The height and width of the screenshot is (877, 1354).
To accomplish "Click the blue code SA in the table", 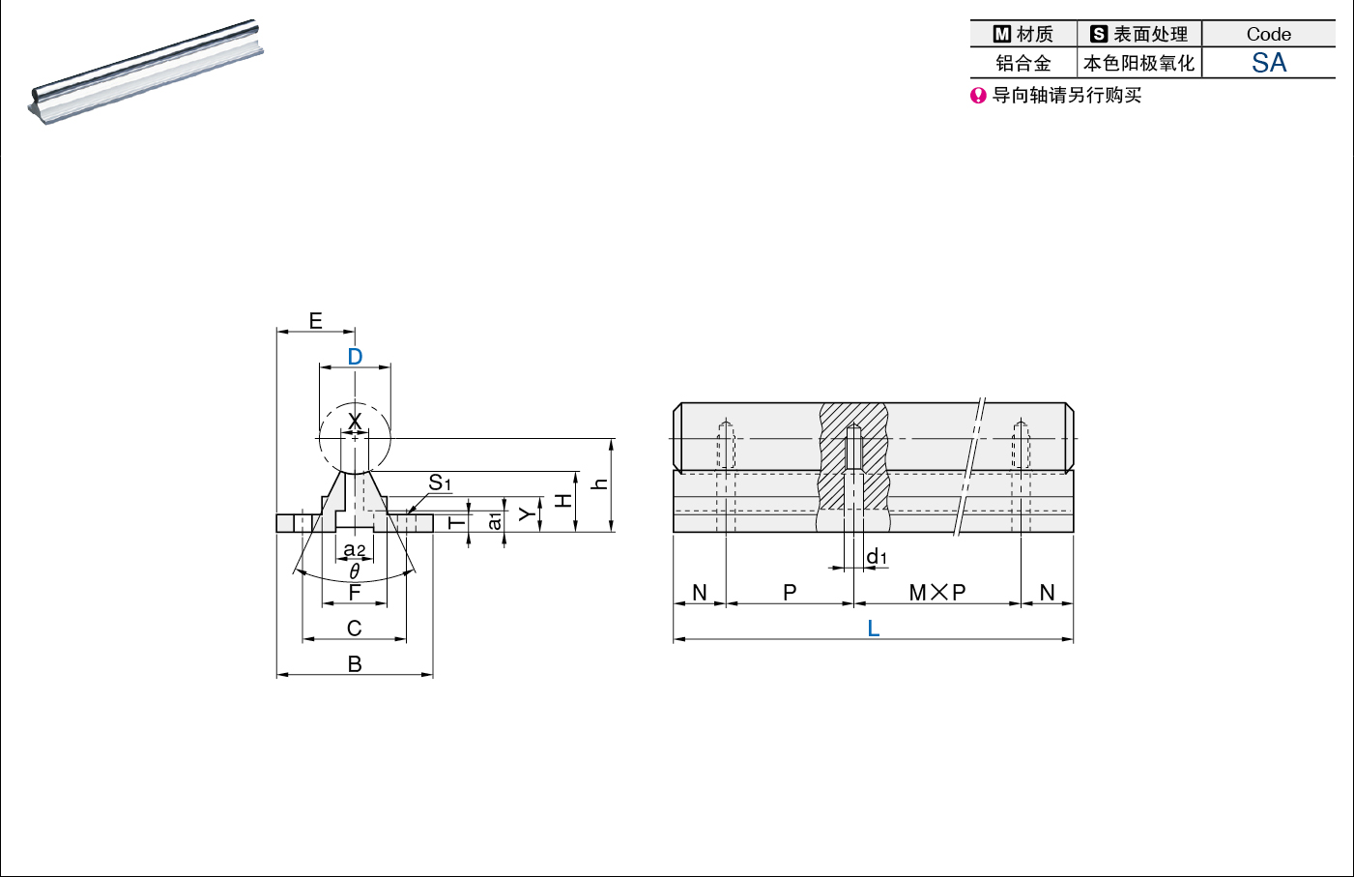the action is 1269,63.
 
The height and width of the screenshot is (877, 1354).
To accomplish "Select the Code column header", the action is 1269,34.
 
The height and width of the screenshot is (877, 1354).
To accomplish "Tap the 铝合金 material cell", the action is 1023,63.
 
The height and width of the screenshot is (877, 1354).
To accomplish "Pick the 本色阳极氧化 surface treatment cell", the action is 1138,63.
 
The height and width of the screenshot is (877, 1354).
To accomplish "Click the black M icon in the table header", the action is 1001,34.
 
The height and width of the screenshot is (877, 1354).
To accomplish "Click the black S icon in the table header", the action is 1099,34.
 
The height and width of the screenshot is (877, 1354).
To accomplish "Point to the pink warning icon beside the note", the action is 978,96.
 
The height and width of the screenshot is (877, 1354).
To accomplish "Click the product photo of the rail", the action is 146,72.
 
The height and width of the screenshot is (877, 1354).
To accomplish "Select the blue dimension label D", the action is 355,357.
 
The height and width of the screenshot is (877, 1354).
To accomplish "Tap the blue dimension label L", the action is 874,629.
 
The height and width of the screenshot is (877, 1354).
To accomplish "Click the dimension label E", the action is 315,321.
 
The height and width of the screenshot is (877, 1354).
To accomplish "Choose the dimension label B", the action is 355,664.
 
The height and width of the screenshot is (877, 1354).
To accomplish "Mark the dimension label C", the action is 355,629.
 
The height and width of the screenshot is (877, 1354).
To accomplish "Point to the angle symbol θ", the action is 355,570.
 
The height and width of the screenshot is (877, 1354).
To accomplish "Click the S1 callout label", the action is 440,482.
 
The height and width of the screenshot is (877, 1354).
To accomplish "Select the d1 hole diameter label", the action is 877,556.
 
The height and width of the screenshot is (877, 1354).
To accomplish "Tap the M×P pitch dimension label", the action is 937,593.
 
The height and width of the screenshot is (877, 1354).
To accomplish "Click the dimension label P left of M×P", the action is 790,593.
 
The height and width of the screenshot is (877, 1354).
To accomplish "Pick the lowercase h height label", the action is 600,483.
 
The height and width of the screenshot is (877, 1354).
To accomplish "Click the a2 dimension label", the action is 355,550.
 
